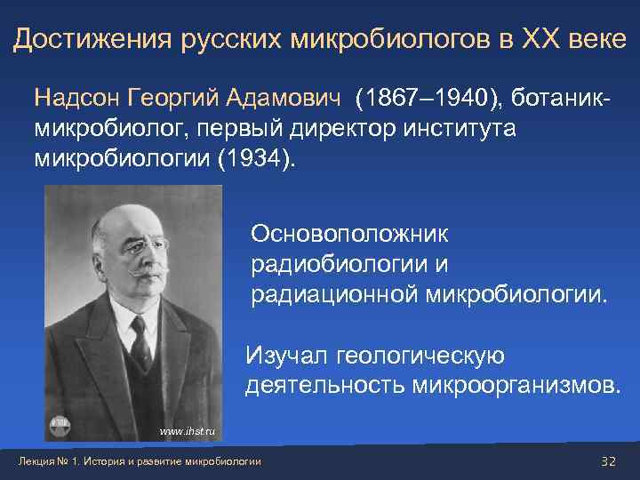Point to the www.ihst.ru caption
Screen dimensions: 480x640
point(188,430)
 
